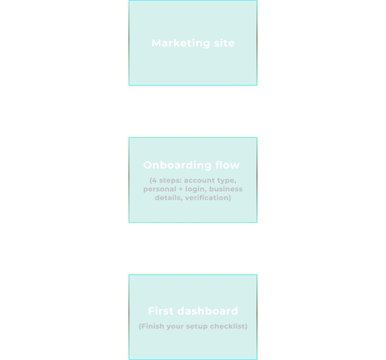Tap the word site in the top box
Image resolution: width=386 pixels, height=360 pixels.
(x=222, y=43)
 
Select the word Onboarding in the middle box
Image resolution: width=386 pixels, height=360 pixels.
(x=175, y=165)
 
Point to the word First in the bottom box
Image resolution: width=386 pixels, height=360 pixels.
(x=160, y=311)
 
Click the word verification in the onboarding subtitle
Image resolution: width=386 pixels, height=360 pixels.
(x=207, y=198)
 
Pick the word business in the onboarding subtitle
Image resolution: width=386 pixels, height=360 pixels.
(x=225, y=189)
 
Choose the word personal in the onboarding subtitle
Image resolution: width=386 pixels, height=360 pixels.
(x=159, y=189)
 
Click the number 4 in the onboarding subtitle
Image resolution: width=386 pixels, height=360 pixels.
(x=154, y=180)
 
